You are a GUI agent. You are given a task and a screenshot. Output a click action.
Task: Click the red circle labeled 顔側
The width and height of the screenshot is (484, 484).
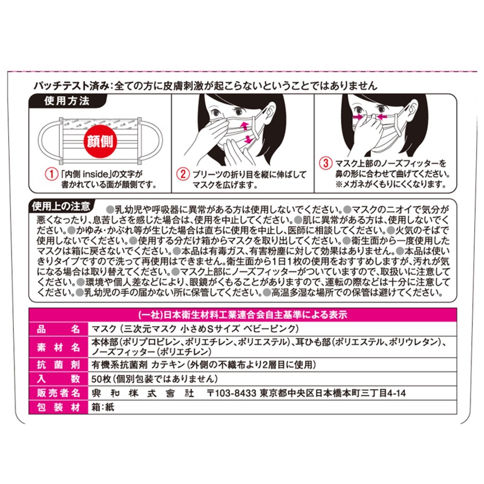coord(100,142)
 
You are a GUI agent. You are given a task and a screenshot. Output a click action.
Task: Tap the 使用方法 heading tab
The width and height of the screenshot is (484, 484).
coord(67,101)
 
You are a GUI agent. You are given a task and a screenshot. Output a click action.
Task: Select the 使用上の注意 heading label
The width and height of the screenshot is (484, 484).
coord(61,206)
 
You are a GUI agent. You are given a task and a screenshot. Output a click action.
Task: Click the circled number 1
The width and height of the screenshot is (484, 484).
coord(51,174)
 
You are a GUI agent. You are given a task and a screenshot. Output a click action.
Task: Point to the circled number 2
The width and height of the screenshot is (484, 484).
coord(183,174)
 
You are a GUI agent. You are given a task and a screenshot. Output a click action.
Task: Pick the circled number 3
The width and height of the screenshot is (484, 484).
coord(325,163)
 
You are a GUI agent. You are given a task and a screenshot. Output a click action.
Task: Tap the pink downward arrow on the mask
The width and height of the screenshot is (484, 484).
coord(248,140)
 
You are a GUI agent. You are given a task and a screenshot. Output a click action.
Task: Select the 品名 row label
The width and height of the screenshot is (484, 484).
coord(58,329)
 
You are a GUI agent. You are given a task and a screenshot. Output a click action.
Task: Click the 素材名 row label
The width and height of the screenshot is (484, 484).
coord(58,347)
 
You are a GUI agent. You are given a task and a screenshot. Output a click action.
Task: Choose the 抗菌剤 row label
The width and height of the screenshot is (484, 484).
coord(58,365)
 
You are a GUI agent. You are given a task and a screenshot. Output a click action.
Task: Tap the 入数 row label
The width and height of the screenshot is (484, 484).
coord(58,379)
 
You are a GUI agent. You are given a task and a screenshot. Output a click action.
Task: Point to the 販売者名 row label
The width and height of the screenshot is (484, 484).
coord(58,393)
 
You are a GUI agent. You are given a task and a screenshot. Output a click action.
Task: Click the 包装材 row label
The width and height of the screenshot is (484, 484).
coord(58,407)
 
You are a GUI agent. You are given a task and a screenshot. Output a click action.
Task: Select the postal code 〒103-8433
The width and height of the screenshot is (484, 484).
coord(232,393)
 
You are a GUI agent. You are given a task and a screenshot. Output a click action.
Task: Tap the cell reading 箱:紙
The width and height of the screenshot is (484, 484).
coord(103,407)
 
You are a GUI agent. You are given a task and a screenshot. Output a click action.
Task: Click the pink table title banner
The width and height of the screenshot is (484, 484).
coord(243,315)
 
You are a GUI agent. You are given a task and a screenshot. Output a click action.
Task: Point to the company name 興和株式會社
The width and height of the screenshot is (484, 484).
coord(143,393)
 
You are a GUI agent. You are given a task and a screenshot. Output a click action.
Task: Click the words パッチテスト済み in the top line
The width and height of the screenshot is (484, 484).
coord(71,85)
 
